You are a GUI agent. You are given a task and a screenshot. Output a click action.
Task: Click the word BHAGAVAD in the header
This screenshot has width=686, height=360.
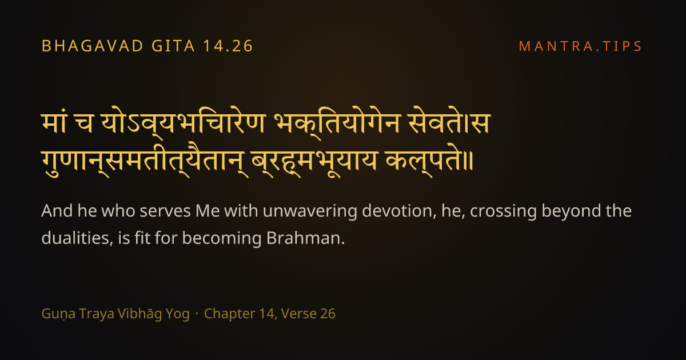coord(93,46)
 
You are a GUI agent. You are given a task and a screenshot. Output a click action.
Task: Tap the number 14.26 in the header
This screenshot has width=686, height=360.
coord(228,46)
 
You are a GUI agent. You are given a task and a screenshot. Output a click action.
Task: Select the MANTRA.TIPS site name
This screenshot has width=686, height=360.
coord(580,46)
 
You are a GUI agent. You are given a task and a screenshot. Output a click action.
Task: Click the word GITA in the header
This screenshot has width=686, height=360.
coord(173,46)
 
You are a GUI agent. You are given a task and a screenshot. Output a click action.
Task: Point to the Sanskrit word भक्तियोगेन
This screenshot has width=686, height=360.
coord(337,123)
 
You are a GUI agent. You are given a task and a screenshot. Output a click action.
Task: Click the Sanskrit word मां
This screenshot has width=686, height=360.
coord(54,122)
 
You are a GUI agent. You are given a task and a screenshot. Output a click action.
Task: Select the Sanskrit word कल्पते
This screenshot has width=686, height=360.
coord(424,162)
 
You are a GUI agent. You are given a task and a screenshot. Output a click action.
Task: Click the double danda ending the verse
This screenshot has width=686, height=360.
coord(468,162)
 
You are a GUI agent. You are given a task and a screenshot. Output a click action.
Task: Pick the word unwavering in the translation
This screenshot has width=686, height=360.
coord(310,211)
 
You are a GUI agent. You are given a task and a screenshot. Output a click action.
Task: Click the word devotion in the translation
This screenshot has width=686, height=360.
coord(400,211)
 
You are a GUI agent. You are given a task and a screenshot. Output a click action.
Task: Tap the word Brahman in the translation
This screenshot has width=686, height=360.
coord(306,238)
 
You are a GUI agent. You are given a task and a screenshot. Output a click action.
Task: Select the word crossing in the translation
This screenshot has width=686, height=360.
coord(504,212)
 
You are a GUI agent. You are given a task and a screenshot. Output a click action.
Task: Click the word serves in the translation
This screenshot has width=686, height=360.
coord(165,212)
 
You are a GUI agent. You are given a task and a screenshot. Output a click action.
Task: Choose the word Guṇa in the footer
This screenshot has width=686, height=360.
coord(58,314)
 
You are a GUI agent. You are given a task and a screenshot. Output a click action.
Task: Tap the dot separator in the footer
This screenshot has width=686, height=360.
coord(197,314)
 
